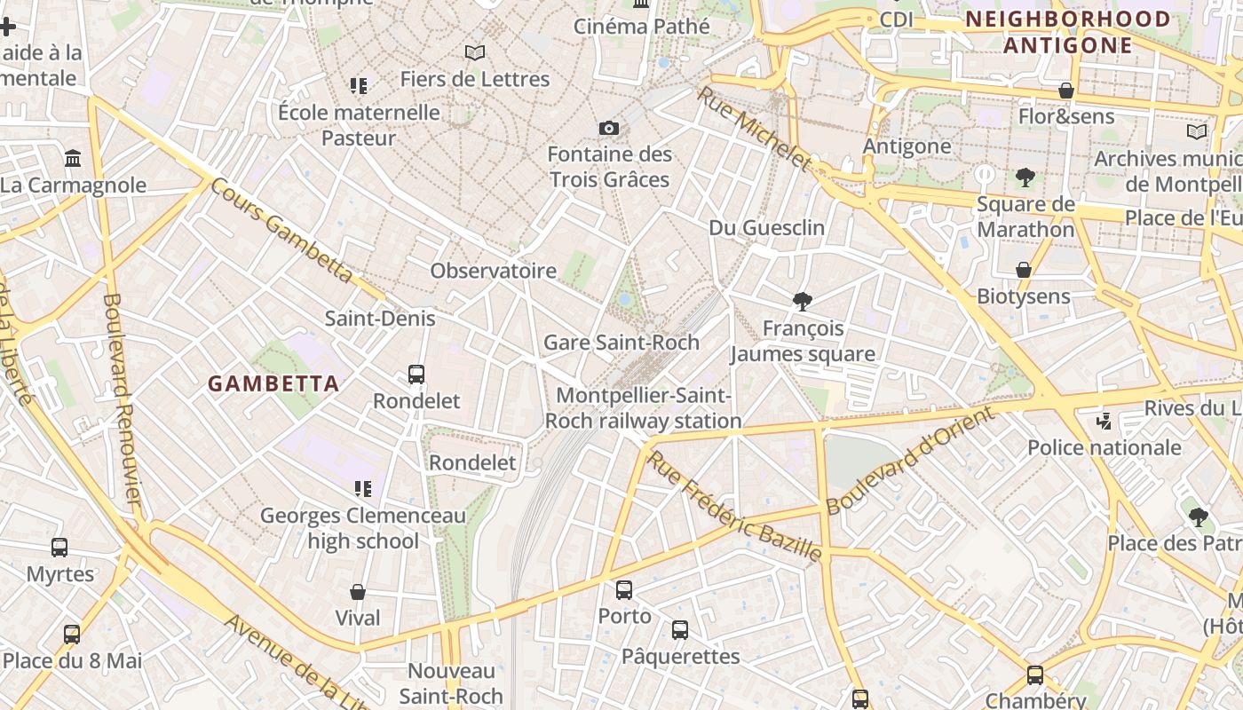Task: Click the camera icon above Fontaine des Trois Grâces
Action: pyautogui.click(x=608, y=129)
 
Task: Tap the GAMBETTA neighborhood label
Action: pyautogui.click(x=273, y=383)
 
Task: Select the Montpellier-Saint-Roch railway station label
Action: pyautogui.click(x=643, y=408)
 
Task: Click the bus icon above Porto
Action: pyautogui.click(x=624, y=589)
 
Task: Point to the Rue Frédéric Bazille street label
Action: pyautogui.click(x=733, y=507)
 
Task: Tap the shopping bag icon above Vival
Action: pyautogui.click(x=358, y=592)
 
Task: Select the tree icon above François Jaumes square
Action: pyautogui.click(x=803, y=302)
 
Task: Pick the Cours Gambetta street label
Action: pyautogui.click(x=282, y=231)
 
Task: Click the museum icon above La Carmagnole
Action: pyautogui.click(x=73, y=159)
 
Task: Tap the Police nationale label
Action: pyautogui.click(x=1104, y=447)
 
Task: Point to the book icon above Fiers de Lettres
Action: pyautogui.click(x=475, y=52)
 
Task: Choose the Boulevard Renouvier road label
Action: pyautogui.click(x=122, y=399)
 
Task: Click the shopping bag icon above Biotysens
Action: pyautogui.click(x=1024, y=270)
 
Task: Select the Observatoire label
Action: pyautogui.click(x=493, y=271)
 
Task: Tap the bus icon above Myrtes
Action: pyautogui.click(x=59, y=548)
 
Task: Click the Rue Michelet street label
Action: pyautogui.click(x=754, y=128)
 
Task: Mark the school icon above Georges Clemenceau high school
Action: pyautogui.click(x=362, y=488)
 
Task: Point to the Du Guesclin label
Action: pyautogui.click(x=766, y=228)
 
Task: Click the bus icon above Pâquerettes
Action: pyautogui.click(x=680, y=630)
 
